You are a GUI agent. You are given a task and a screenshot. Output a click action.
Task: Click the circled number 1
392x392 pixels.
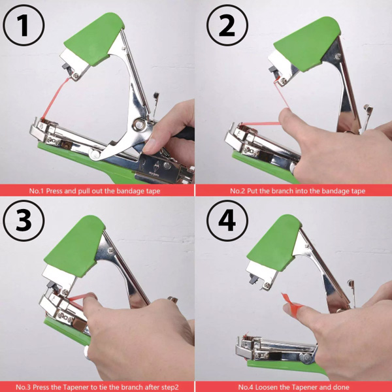coord(24,25)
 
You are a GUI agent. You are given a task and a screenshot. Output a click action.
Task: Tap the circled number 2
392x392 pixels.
coord(227,25)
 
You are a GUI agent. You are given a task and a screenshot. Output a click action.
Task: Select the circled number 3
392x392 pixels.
coord(24,221)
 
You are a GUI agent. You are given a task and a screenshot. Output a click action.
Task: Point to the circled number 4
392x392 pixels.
coord(227,221)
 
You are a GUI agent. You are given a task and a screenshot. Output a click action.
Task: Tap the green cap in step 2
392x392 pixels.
coord(307,44)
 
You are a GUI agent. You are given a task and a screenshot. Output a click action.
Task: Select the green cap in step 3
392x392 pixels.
coord(75,246)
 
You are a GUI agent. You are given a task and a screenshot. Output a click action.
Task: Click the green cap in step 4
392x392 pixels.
coord(274,242)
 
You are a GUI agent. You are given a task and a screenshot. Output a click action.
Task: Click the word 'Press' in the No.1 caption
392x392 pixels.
coord(54,191)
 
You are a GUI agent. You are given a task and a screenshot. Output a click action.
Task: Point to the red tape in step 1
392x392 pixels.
coord(55,98)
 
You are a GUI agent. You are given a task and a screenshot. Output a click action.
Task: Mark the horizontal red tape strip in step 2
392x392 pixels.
coord(261,123)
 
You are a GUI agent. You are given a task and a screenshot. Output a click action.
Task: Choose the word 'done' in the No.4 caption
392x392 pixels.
coord(342,387)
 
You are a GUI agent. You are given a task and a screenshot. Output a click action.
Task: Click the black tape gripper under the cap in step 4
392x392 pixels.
coord(253,278)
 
